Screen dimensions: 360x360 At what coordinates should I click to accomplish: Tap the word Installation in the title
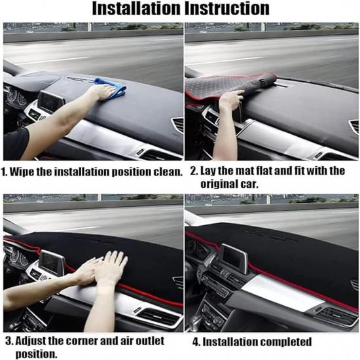(136, 9)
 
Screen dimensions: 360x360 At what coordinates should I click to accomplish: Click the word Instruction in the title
(227, 9)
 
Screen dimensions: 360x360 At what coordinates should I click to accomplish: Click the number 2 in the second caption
(194, 171)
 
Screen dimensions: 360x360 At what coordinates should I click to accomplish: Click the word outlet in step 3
(150, 341)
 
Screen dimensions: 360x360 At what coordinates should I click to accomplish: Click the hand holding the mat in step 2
(230, 99)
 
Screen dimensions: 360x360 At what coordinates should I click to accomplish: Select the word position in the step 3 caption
(36, 354)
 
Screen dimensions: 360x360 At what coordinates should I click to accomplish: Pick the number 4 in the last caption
(196, 342)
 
